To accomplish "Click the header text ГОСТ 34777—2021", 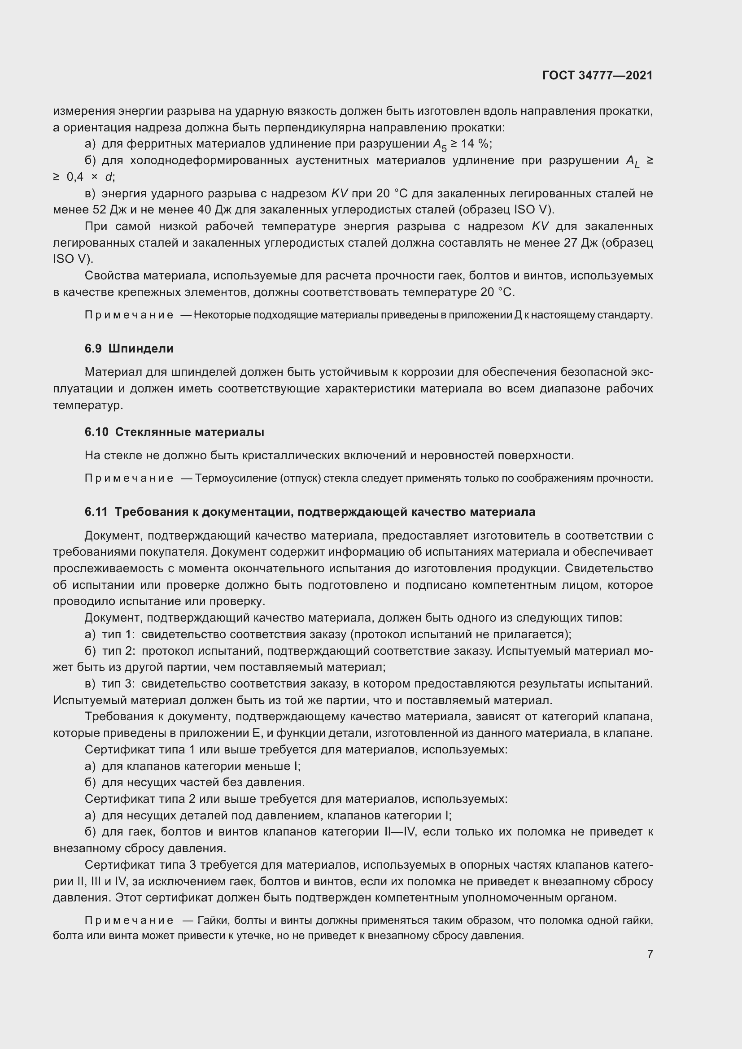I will point(597,75).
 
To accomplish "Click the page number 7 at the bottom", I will point(650,954).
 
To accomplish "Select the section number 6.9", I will point(93,348).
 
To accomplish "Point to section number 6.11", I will point(96,512).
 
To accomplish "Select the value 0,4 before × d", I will point(75,177).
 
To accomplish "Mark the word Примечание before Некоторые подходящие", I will point(129,315).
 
